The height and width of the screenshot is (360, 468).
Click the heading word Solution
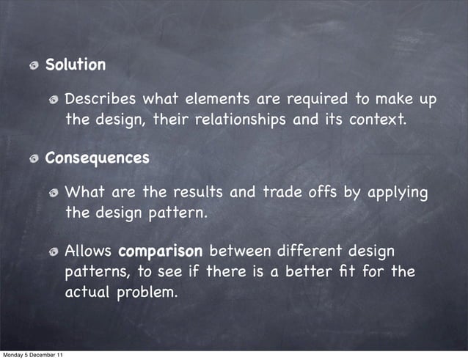pos(76,65)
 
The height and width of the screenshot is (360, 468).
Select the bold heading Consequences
pos(97,158)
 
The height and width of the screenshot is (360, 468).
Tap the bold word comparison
pos(160,251)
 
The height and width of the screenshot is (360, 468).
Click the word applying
pos(397,194)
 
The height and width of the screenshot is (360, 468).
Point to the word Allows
pos(89,251)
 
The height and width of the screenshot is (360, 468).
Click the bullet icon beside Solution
pos(34,65)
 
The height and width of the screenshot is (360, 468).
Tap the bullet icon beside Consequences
pos(34,158)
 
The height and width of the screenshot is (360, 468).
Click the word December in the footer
pos(41,355)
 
